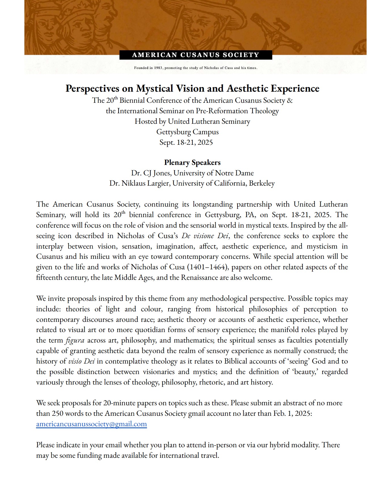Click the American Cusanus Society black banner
[x=195, y=55]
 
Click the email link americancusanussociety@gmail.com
[x=91, y=424]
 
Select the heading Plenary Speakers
[x=192, y=163]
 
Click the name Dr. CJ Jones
[x=151, y=173]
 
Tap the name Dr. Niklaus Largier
[x=140, y=184]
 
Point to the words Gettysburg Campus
[x=187, y=132]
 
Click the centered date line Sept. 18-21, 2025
[x=186, y=142]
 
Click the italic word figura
[x=75, y=340]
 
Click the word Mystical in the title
[x=154, y=89]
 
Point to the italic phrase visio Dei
[x=81, y=361]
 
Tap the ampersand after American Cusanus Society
[x=290, y=100]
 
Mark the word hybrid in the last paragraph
[x=280, y=445]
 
